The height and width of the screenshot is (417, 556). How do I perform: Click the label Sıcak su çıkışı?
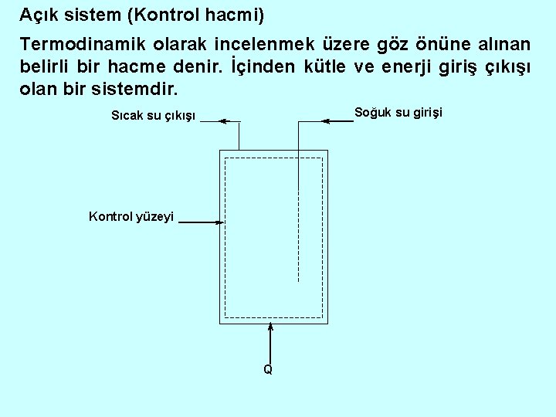pyautogui.click(x=154, y=117)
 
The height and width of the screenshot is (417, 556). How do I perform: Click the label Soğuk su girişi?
pyautogui.click(x=398, y=113)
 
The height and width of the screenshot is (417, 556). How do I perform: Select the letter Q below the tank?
pyautogui.click(x=267, y=370)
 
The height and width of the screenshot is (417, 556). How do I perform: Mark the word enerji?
pyautogui.click(x=386, y=65)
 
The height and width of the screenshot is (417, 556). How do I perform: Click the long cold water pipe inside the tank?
pyautogui.click(x=298, y=232)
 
